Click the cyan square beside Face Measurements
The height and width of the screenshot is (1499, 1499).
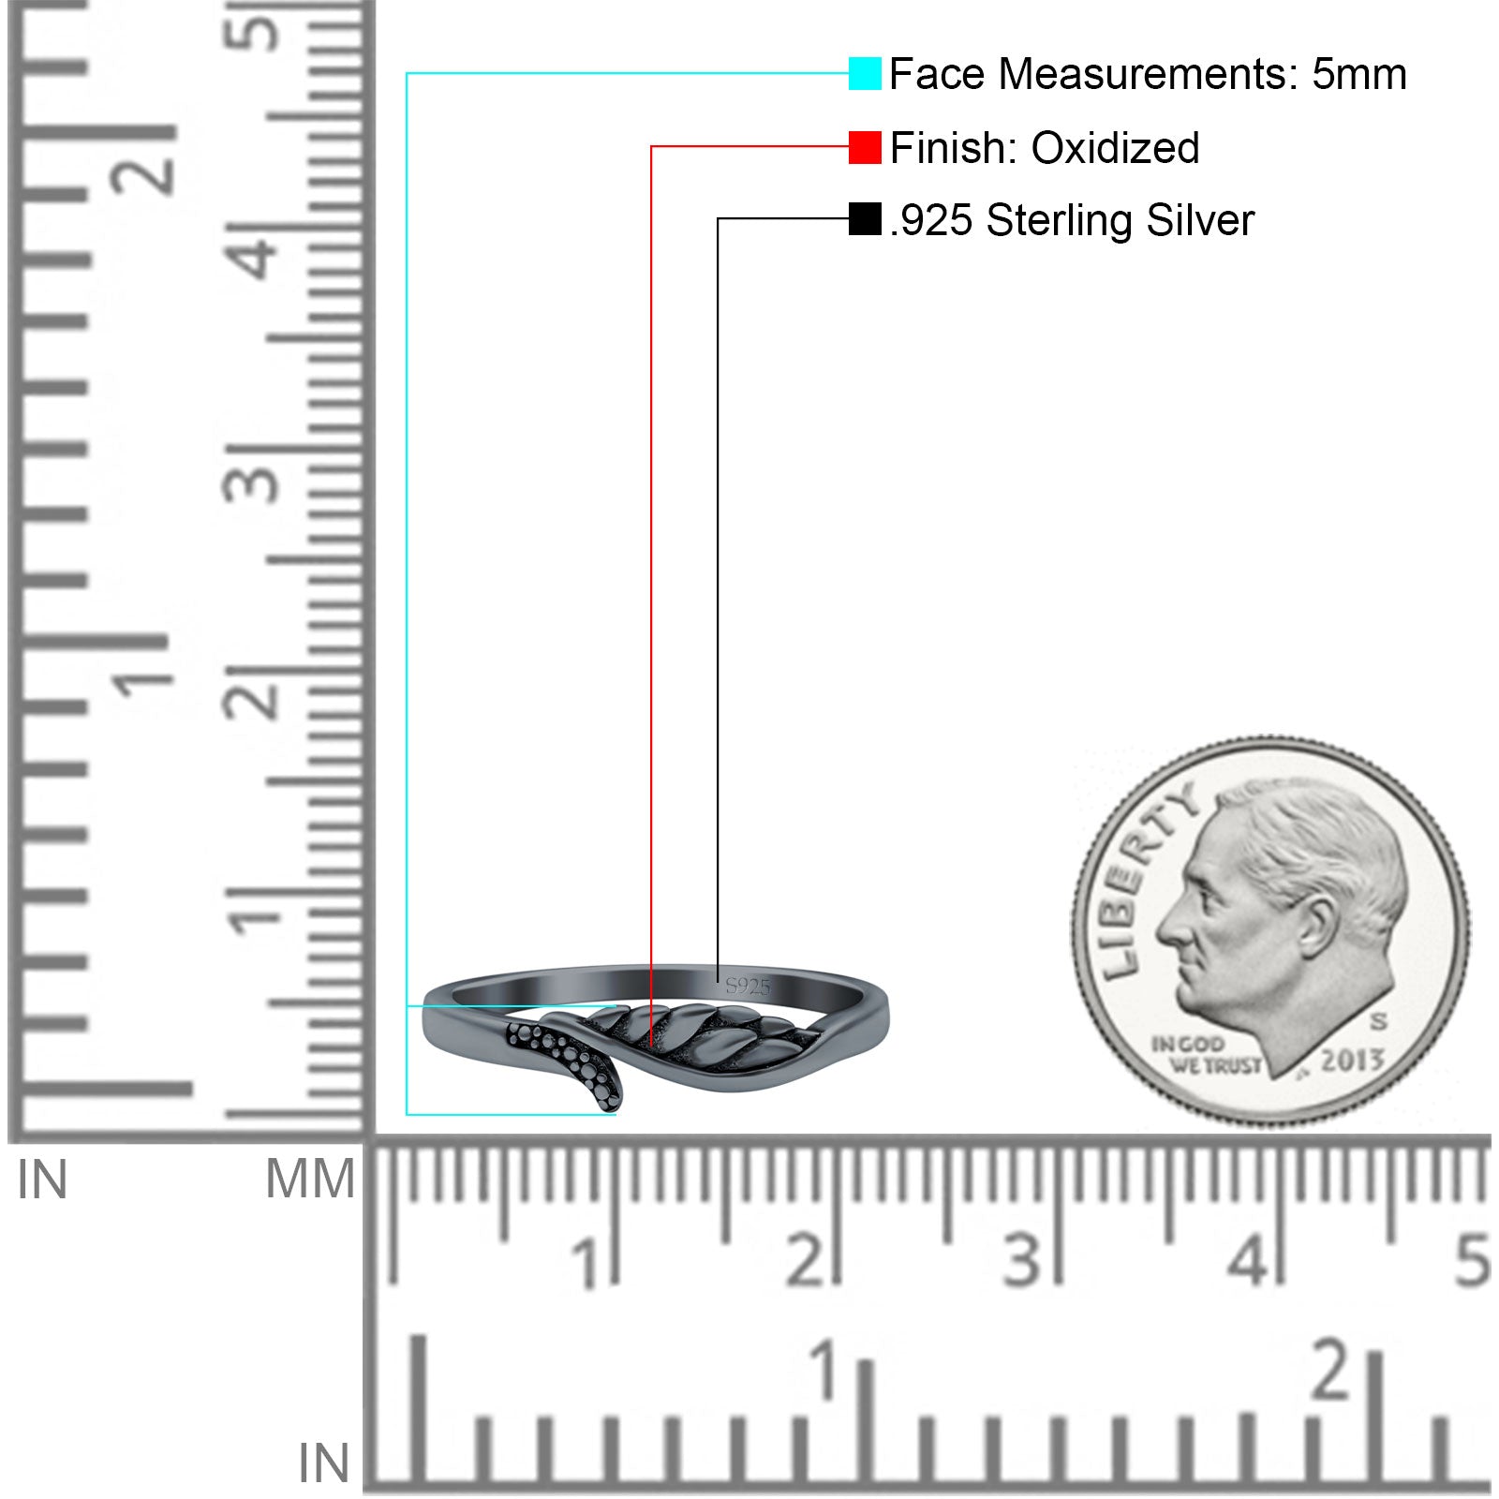click(x=865, y=73)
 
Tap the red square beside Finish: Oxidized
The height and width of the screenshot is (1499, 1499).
click(x=865, y=147)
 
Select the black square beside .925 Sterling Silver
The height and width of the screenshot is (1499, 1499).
click(x=865, y=219)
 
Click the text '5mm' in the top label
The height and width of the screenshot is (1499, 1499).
click(x=1358, y=74)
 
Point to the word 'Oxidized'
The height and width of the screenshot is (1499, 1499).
click(x=1115, y=148)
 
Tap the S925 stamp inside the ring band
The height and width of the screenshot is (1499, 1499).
click(x=748, y=986)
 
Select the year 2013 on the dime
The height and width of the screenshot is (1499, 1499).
click(x=1352, y=1060)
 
